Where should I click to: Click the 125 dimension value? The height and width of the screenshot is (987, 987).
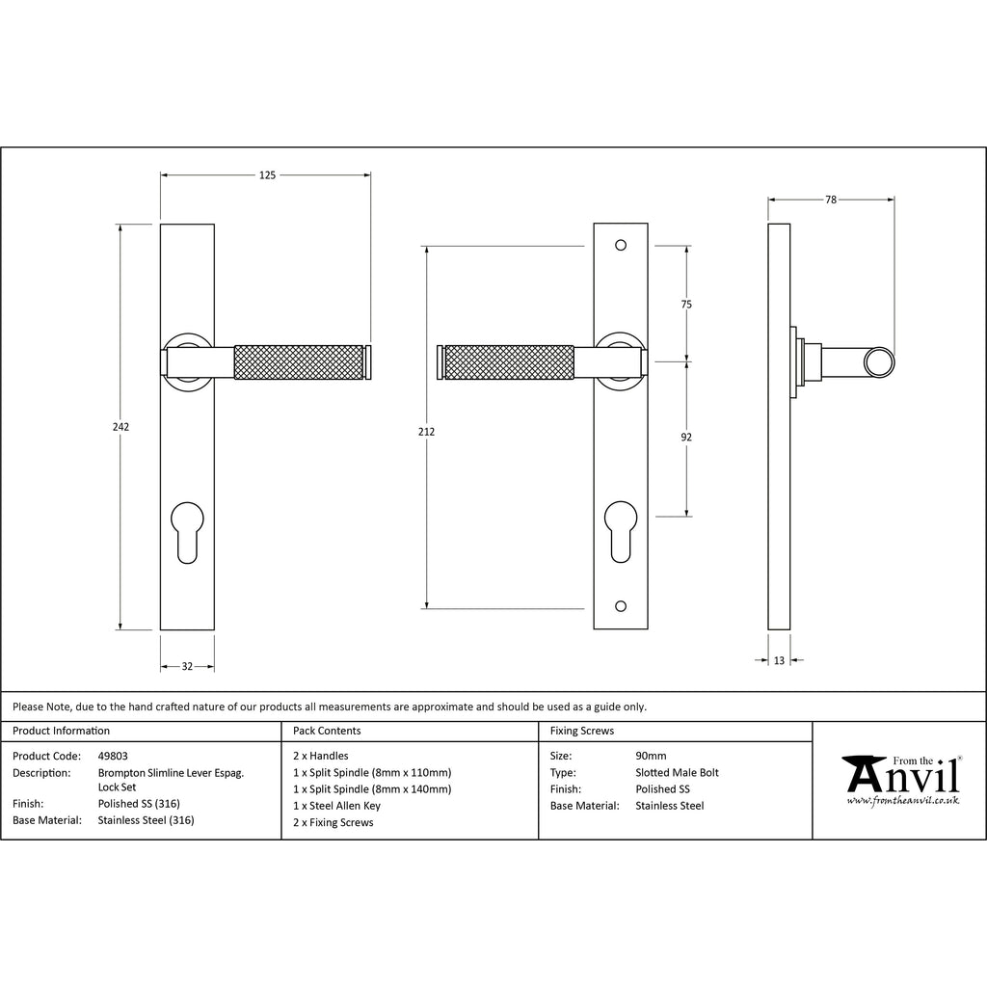coord(268,175)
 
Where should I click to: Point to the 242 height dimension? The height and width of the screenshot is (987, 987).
coord(120,427)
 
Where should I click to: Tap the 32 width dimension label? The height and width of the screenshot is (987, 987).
coord(187,666)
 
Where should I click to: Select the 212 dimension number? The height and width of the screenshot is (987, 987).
coord(426,432)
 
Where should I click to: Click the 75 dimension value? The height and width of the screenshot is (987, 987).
coord(686,305)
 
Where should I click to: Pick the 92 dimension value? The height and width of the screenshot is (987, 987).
coord(686,437)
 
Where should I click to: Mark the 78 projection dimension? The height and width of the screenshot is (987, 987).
coord(831,200)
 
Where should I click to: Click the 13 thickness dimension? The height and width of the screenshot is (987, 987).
coord(779,660)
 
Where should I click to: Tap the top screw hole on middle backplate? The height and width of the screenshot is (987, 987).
coord(621,245)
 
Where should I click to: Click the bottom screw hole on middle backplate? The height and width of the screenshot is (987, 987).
coord(621,606)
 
